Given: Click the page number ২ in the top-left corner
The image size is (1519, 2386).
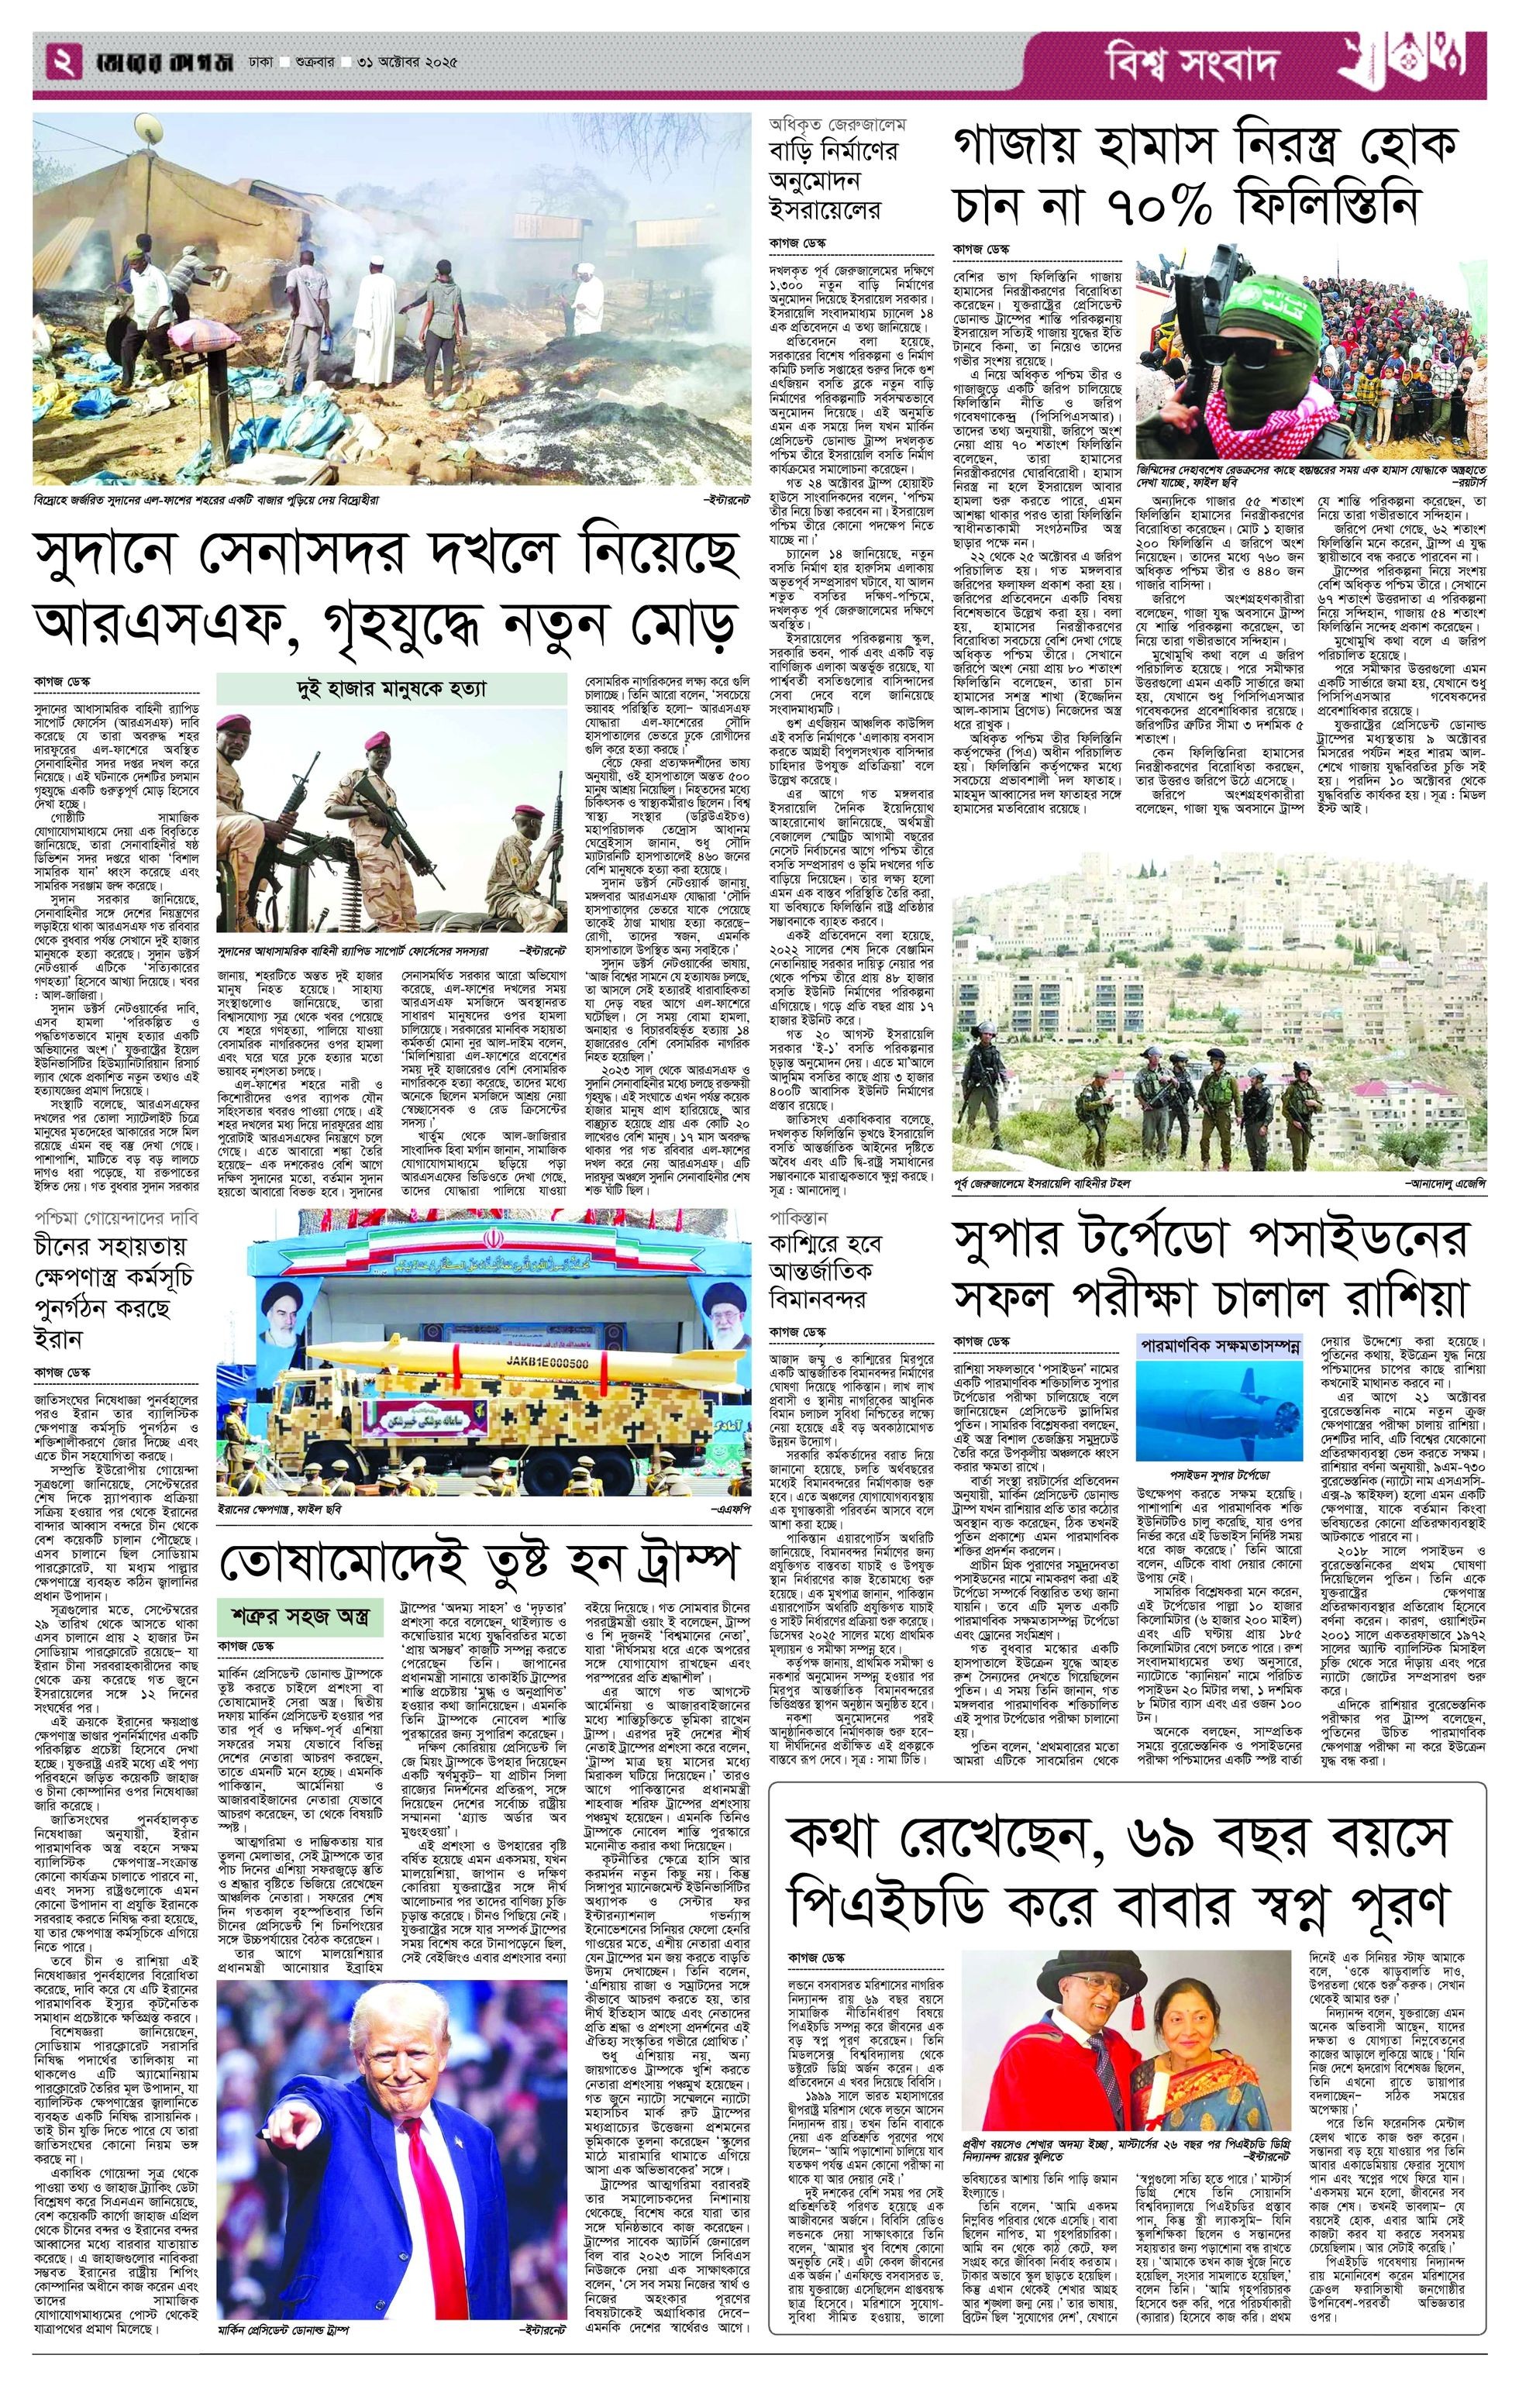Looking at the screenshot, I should [x=63, y=64].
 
